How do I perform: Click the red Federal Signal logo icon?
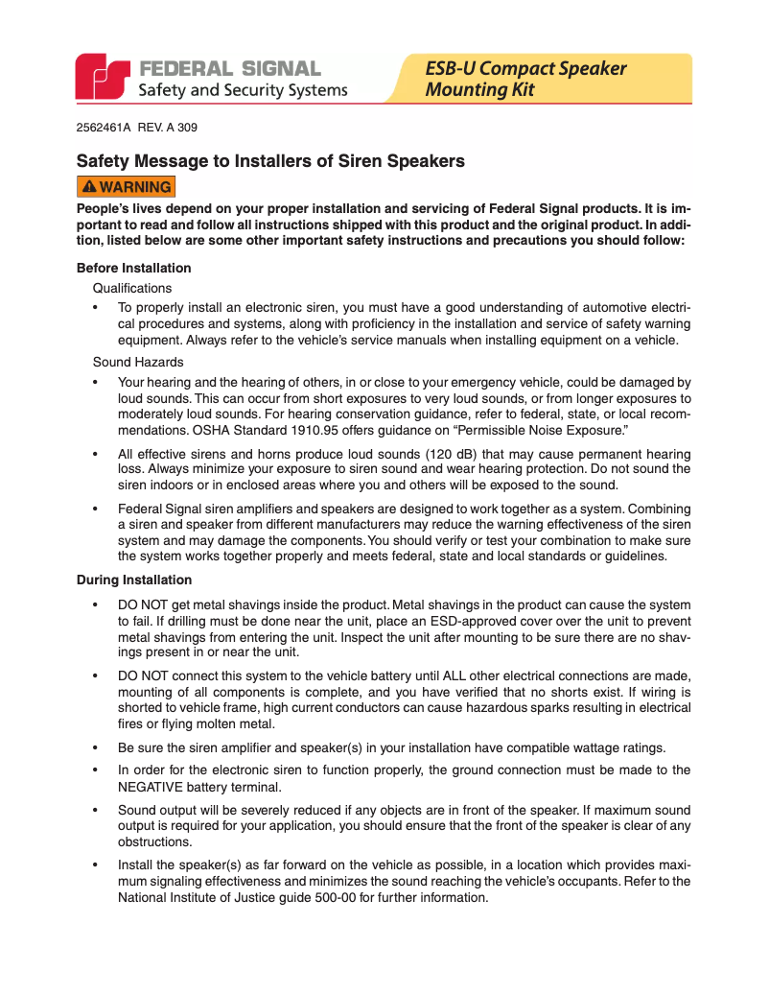[x=103, y=77]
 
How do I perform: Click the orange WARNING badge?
[x=126, y=187]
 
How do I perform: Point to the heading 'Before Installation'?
[x=133, y=268]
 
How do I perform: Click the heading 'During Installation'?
[x=133, y=580]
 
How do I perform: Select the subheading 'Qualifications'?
[x=132, y=288]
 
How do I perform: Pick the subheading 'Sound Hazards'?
[x=138, y=362]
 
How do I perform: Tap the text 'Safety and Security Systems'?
[x=244, y=90]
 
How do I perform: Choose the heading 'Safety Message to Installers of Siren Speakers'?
[x=270, y=161]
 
